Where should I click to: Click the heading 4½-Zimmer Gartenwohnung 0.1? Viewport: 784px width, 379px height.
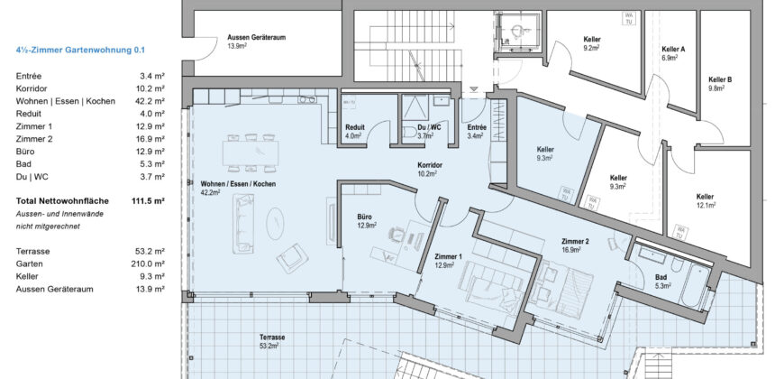(80, 51)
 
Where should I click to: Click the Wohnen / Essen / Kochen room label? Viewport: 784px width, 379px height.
(238, 184)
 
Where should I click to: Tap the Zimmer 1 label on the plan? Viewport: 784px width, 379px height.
(448, 257)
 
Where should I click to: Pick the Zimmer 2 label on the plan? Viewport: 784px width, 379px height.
(575, 243)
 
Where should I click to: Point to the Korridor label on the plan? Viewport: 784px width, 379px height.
(429, 166)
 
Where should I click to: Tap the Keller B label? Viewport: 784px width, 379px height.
(720, 80)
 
